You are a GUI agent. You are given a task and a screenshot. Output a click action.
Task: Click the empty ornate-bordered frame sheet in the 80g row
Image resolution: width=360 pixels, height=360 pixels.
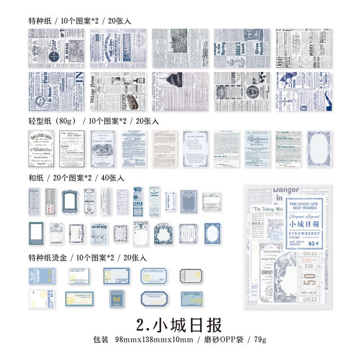tap(318, 148)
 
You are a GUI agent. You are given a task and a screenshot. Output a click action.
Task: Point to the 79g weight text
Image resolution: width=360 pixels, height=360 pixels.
tap(259, 339)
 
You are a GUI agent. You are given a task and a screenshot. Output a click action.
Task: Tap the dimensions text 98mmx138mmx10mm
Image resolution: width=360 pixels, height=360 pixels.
tap(154, 339)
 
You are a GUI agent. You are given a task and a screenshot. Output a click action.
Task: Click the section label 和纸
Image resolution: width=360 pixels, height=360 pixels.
tap(36, 178)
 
